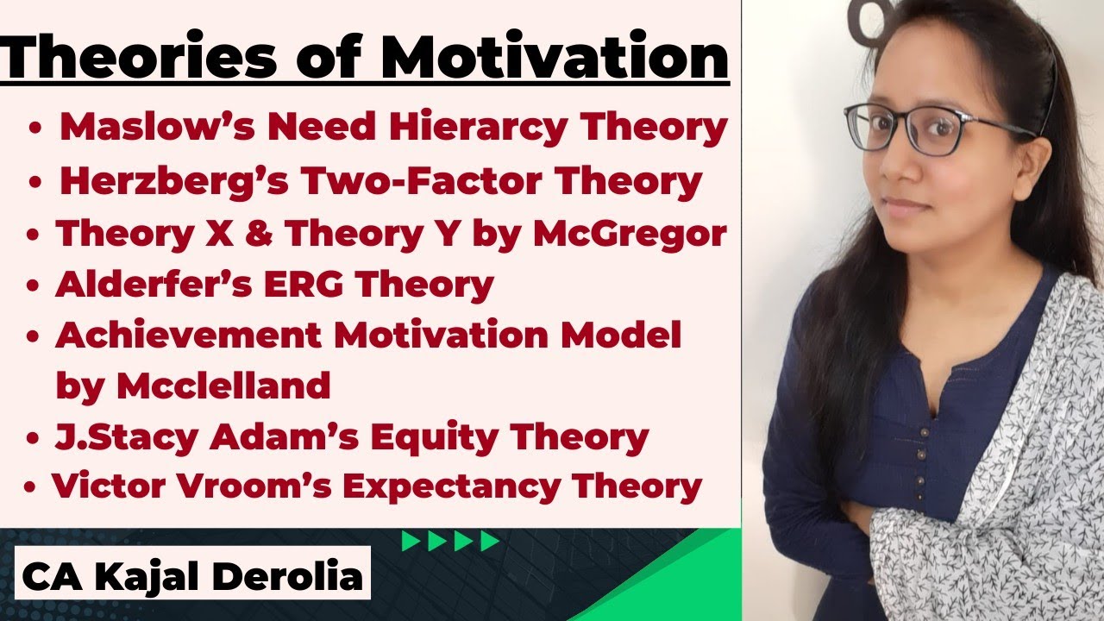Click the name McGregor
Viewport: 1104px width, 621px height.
tap(630, 234)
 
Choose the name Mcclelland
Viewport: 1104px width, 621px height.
tap(223, 386)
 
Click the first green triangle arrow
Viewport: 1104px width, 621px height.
tap(411, 542)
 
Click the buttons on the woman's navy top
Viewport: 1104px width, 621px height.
tap(925, 431)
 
